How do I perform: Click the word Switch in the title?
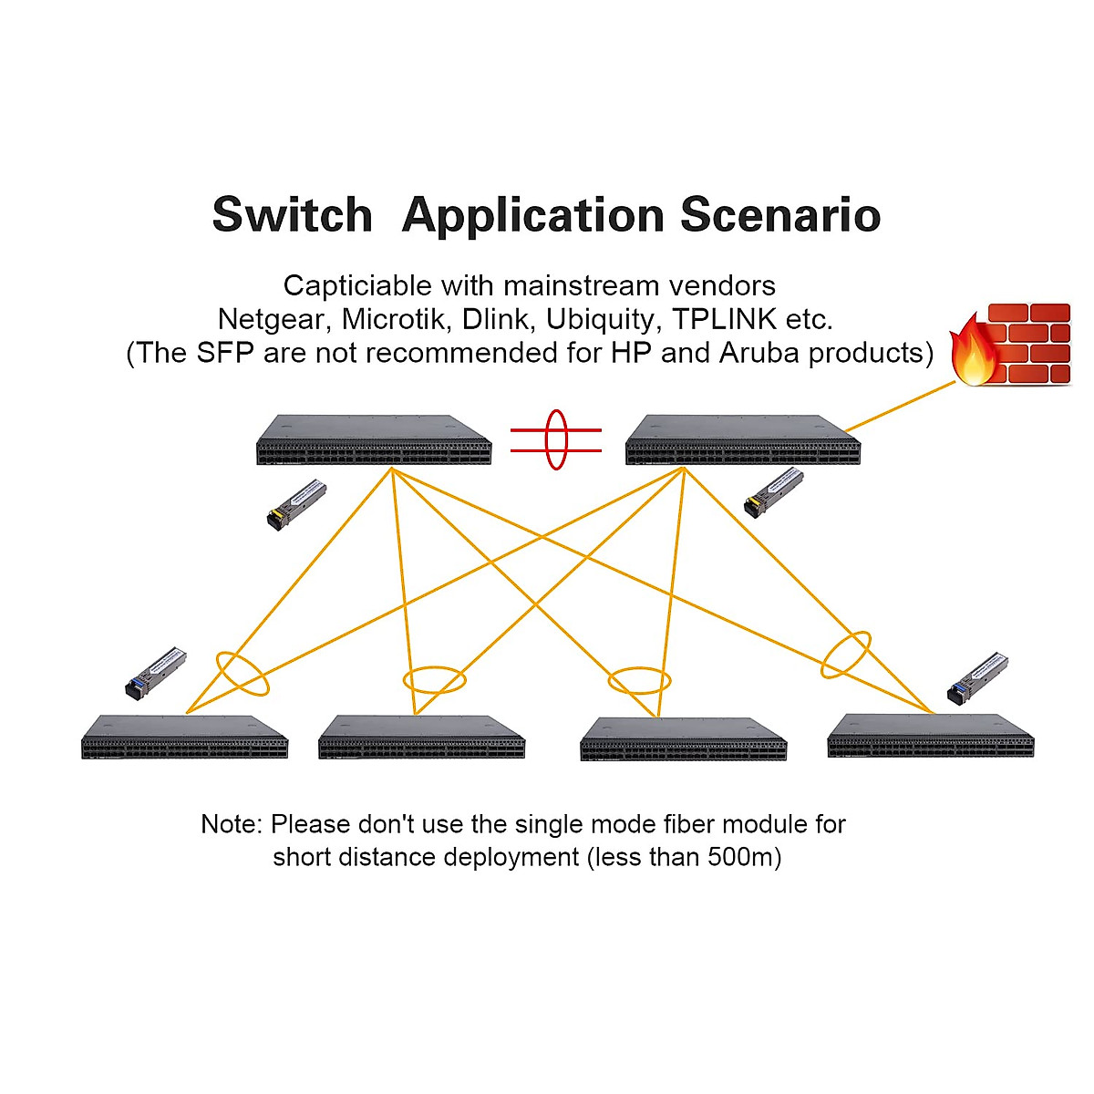(x=292, y=216)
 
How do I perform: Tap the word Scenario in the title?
(x=780, y=216)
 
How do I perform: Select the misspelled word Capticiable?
(x=358, y=286)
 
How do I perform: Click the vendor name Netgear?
(x=271, y=320)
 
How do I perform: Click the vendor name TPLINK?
(x=725, y=320)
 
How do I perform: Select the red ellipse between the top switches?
(x=556, y=439)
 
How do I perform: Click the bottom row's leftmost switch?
(x=185, y=737)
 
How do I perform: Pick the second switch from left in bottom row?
(x=421, y=737)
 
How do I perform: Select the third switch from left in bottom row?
(x=683, y=737)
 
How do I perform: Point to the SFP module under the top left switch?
(x=296, y=504)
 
